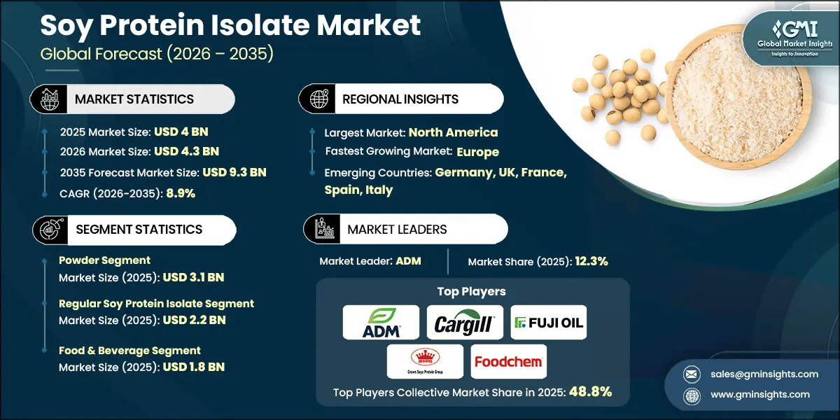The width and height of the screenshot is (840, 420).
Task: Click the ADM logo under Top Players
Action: coord(381,322)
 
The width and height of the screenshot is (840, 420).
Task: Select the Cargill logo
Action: coord(465,323)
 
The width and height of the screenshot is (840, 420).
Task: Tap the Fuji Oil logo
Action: coord(548,323)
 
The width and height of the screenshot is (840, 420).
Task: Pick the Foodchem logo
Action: coord(508,361)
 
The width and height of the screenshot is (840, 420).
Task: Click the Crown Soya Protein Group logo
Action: coord(425,361)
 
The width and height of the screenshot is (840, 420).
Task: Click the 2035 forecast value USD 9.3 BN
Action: coord(234,171)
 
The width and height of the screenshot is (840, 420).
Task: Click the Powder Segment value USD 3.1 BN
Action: coord(193,277)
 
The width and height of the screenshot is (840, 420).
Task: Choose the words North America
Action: coord(453,132)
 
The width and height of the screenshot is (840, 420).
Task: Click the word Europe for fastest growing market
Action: coord(477,151)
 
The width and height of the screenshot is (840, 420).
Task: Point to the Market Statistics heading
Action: coord(134,99)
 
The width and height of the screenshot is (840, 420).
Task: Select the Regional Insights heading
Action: coord(400,99)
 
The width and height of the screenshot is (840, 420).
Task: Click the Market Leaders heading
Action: coord(397,229)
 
